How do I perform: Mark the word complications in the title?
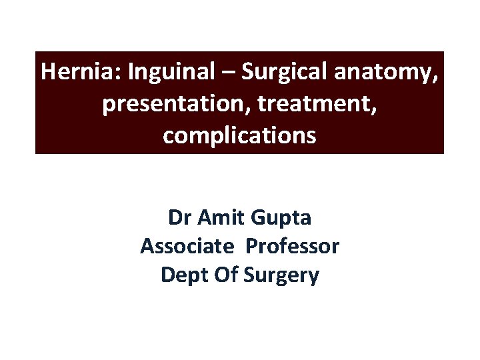click(239, 136)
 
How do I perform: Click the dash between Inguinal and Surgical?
click(228, 72)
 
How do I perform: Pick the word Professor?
click(293, 246)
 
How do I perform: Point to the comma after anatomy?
click(435, 78)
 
